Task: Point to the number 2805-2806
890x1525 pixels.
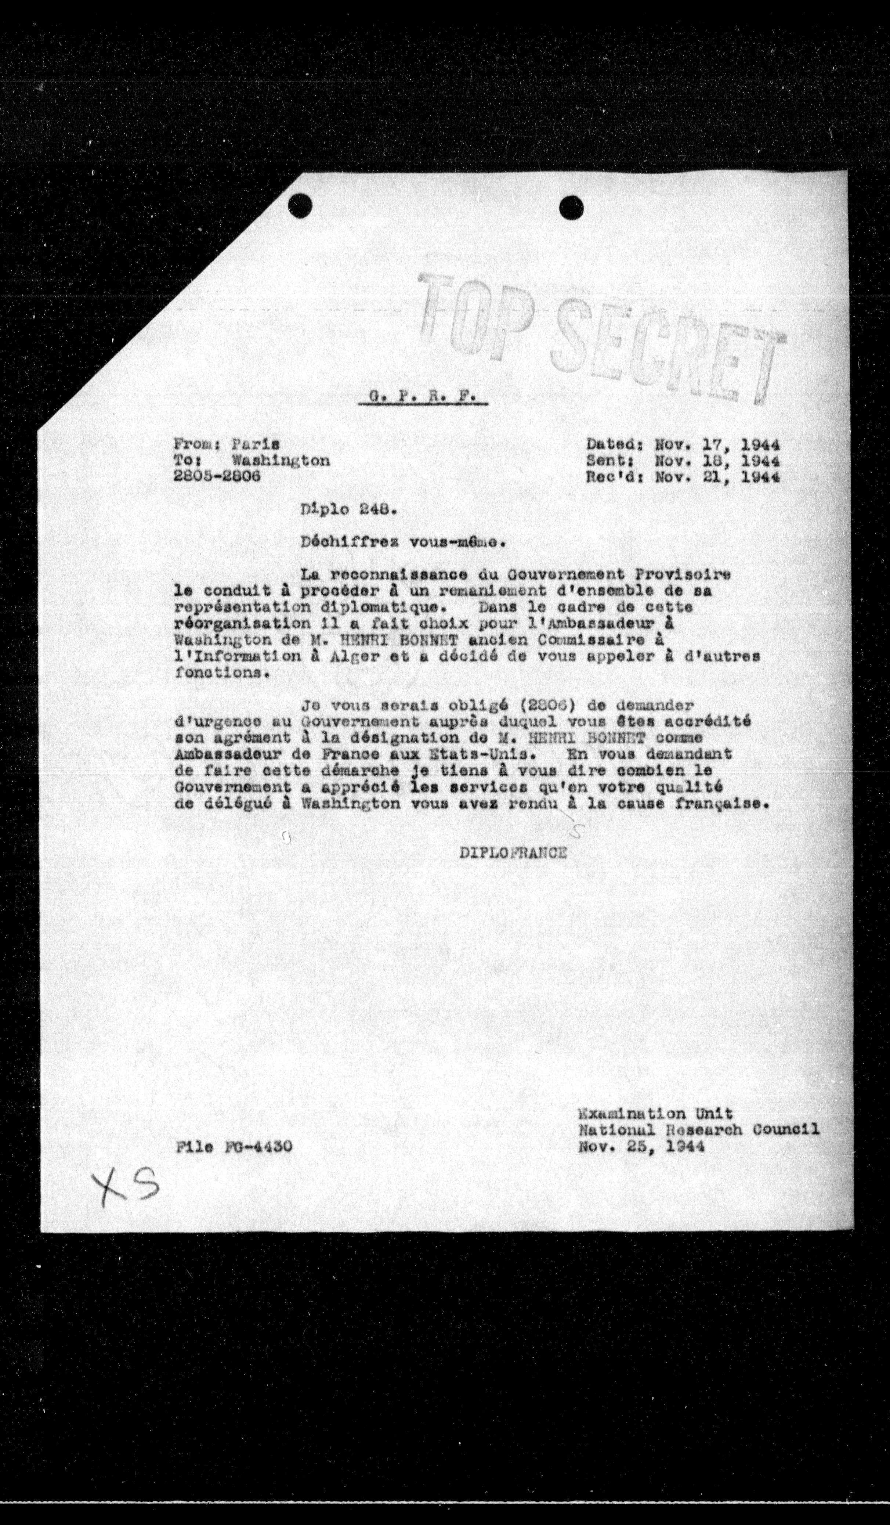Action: [x=217, y=476]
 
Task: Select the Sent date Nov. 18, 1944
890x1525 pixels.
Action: [x=717, y=461]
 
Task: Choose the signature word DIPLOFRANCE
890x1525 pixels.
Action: [x=513, y=852]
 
